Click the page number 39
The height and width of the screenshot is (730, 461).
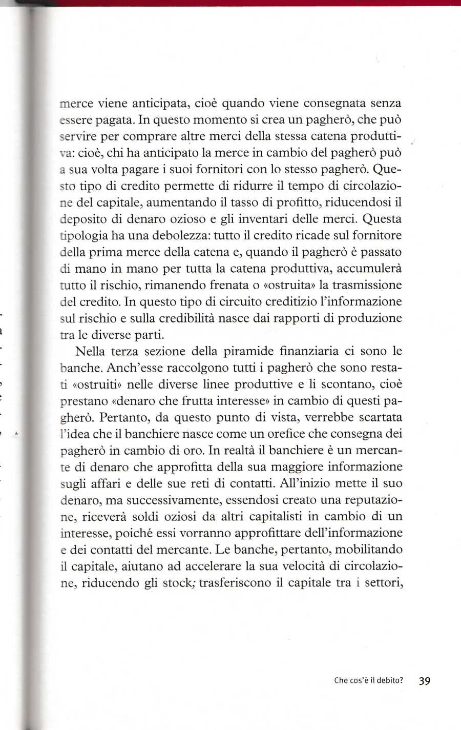[425, 681]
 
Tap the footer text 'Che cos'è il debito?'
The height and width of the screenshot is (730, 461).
[368, 681]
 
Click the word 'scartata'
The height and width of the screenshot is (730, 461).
[376, 417]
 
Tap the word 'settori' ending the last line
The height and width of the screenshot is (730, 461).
[382, 582]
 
